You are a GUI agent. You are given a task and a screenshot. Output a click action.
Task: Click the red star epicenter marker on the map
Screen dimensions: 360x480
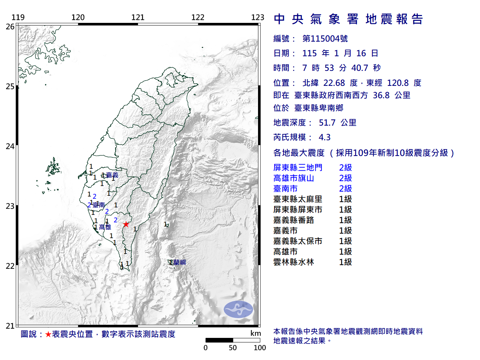pos(126,224)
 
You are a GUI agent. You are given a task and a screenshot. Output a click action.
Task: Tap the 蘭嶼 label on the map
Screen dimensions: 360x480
pos(179,262)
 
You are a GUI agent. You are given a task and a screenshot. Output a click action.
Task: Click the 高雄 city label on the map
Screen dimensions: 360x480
pos(105,227)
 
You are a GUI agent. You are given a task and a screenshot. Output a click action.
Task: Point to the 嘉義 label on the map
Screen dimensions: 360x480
pos(112,175)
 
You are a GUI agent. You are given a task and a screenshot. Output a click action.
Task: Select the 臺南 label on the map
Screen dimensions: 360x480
pos(99,205)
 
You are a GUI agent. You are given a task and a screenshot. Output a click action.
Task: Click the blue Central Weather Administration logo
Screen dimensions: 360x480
pos(238,309)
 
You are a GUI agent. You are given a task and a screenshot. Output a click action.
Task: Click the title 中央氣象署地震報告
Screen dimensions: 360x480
pos(348,19)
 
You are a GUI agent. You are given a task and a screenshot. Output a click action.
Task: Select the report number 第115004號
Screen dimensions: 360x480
pos(325,39)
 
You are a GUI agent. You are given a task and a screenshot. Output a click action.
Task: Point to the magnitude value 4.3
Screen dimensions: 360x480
pos(325,137)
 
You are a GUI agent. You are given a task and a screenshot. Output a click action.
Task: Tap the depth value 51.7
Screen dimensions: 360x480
pos(327,123)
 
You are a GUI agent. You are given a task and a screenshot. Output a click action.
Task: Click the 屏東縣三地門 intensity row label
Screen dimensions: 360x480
pos(298,168)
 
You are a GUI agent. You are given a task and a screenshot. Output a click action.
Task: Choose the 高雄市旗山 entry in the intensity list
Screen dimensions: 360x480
pos(294,178)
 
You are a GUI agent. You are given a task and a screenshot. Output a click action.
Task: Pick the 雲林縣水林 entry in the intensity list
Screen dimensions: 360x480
pos(294,262)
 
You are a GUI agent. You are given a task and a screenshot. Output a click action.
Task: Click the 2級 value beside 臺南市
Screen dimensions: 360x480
pos(345,189)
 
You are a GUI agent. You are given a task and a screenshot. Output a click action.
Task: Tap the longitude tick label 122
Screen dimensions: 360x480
pos(198,17)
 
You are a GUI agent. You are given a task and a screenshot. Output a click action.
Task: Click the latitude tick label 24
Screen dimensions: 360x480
pos(10,146)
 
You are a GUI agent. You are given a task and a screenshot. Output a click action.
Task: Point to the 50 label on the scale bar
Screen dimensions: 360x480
pos(233,348)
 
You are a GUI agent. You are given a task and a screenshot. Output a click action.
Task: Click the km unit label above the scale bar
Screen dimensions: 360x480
pos(255,333)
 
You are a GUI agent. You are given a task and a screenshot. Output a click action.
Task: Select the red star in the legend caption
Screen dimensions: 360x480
pos(48,334)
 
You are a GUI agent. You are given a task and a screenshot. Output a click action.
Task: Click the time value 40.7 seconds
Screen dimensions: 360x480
pos(360,68)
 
